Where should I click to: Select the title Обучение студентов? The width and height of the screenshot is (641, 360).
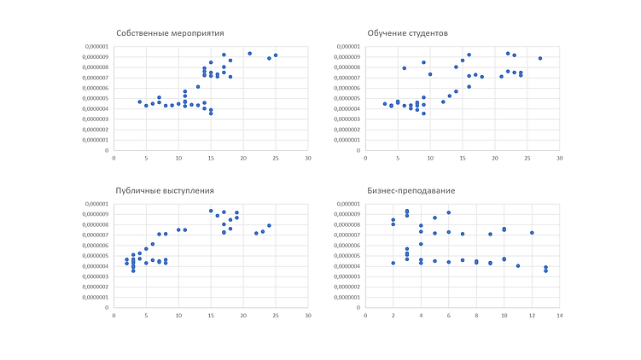point(407,33)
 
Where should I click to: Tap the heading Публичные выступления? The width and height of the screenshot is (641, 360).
point(164,191)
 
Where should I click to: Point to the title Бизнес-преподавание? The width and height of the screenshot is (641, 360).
point(411,191)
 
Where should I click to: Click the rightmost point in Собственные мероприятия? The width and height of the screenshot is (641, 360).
point(276,55)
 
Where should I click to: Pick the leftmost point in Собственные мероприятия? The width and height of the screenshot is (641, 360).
point(140,102)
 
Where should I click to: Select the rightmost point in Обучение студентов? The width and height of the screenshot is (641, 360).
point(540,58)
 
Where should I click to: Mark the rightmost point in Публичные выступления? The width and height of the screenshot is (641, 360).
point(269,226)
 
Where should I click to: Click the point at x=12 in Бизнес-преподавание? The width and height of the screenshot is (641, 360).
point(532,232)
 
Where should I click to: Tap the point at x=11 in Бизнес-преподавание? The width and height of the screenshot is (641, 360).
point(518,265)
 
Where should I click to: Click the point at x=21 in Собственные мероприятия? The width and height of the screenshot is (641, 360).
point(250,53)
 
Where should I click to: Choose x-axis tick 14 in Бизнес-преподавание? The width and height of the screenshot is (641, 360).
point(560,315)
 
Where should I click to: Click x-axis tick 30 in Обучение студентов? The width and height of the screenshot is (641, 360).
point(560,157)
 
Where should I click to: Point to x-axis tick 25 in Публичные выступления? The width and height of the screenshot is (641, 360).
point(276,315)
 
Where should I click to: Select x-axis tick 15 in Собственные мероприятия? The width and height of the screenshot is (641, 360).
point(211,157)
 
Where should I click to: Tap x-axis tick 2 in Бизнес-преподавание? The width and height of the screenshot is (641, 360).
point(393,315)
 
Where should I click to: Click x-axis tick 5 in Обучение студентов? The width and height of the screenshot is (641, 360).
point(398,157)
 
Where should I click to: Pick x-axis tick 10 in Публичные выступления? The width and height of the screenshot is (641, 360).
point(178,315)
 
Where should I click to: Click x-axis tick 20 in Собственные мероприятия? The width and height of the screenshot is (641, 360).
point(243,157)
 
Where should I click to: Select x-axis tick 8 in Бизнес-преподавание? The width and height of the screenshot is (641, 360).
point(476,315)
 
